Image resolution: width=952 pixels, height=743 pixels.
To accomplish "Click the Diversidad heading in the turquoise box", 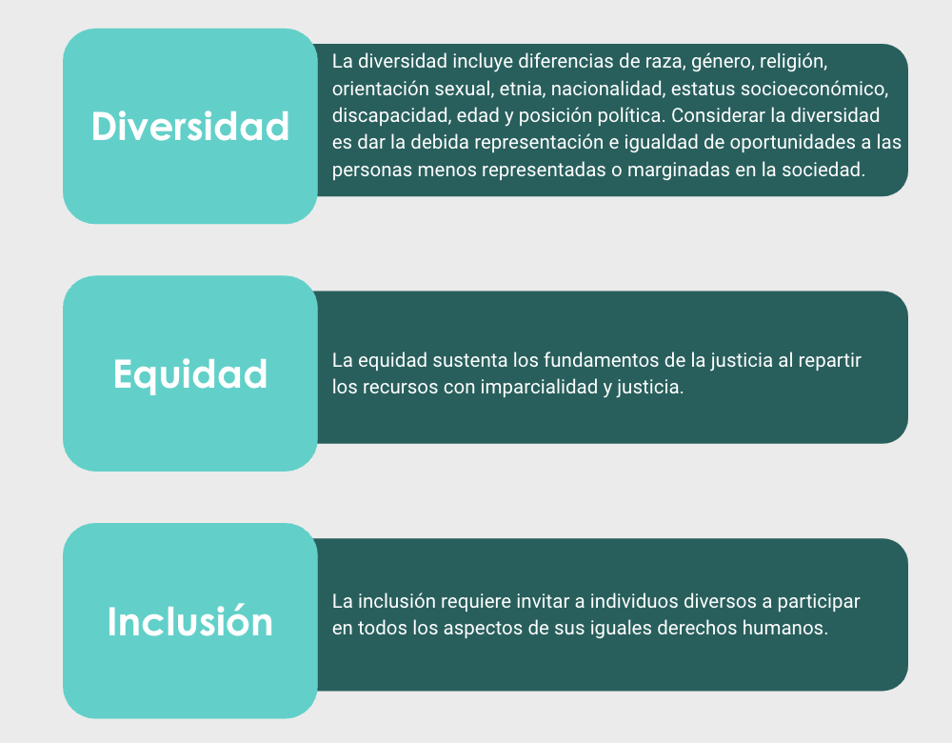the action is coord(190,127).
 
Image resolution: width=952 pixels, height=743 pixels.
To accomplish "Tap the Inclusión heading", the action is coord(190,621).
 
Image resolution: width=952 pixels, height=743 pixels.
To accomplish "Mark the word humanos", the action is coord(785,628).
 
